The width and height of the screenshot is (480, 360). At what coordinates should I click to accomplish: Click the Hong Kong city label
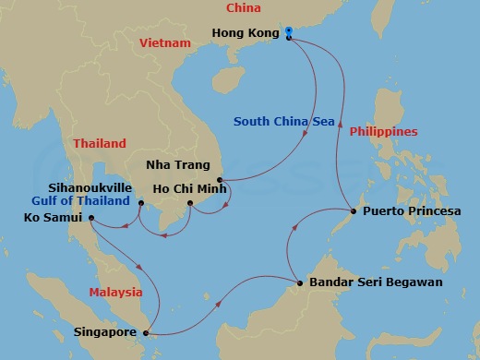(245, 34)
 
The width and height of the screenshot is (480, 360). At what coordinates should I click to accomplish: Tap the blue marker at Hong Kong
(289, 33)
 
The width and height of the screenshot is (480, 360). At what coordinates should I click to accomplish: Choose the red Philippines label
(383, 132)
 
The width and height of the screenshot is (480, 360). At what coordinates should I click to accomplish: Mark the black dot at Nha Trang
(220, 179)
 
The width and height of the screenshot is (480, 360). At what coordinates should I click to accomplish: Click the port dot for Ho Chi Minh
(189, 203)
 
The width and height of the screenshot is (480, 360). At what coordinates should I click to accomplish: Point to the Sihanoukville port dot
(139, 203)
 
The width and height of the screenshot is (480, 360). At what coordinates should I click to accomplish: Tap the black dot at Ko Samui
(91, 218)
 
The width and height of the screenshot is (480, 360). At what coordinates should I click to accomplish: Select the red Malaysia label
(115, 293)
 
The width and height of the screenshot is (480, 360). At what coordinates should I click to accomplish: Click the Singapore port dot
(148, 333)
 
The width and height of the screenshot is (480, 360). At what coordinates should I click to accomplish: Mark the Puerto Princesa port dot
(354, 211)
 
